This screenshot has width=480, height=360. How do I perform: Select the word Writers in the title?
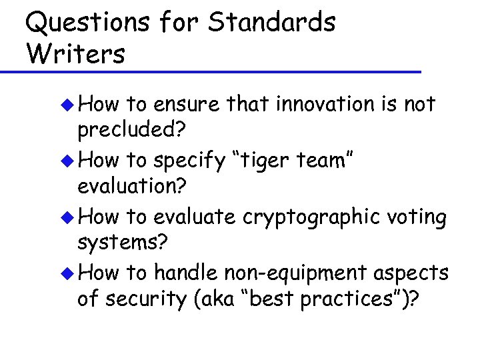click(75, 53)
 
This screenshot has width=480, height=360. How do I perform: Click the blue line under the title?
click(211, 71)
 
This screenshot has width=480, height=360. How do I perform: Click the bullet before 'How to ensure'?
click(69, 105)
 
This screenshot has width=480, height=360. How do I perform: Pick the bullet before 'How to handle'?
click(69, 273)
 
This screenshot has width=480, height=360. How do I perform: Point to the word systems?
click(121, 245)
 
